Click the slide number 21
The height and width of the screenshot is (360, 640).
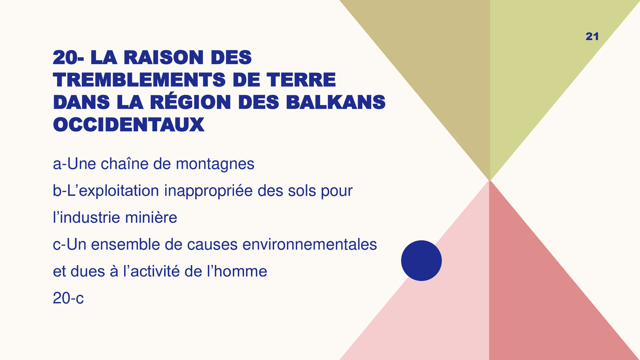592,37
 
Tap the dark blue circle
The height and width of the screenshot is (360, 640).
421,260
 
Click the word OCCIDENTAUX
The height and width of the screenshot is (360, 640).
128,125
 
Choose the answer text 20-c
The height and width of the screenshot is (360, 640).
68,298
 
